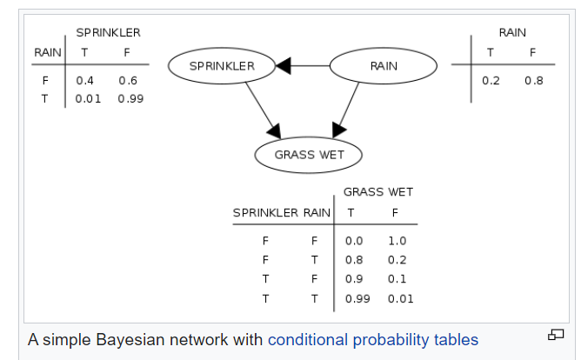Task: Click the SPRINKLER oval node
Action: (x=222, y=66)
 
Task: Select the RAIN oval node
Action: (x=384, y=66)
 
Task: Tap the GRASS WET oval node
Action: (x=309, y=155)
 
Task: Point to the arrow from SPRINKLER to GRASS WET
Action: (x=257, y=109)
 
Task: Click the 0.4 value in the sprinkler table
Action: (x=85, y=81)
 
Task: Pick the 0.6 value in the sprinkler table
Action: (x=128, y=81)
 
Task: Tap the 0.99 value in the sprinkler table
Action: (x=130, y=98)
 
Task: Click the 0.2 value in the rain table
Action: (x=491, y=81)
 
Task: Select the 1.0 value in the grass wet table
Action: (x=397, y=241)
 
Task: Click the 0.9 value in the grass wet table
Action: (x=354, y=279)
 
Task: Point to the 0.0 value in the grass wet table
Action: (x=354, y=241)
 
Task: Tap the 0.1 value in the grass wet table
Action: (x=397, y=279)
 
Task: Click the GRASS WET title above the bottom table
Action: (x=378, y=191)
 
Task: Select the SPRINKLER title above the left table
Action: (x=108, y=32)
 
